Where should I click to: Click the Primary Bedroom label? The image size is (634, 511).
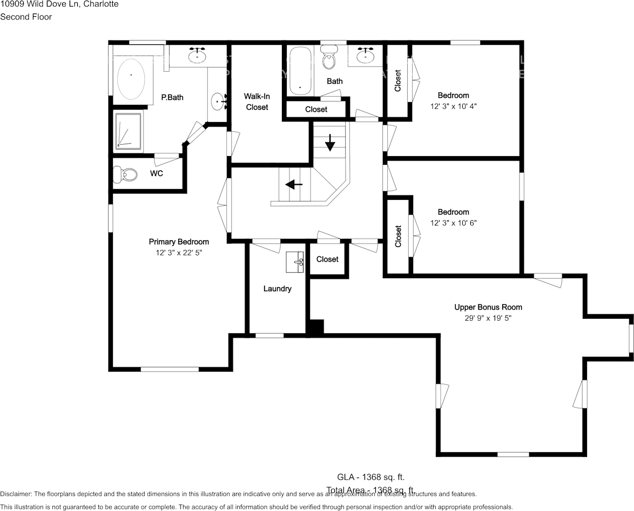tap(179, 242)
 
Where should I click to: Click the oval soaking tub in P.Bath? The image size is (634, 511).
tap(131, 78)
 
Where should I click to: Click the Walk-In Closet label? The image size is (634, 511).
tap(257, 102)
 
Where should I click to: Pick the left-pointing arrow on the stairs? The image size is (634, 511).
tap(294, 185)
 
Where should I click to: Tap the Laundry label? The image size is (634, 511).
tap(277, 289)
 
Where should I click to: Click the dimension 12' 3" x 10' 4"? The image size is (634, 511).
tap(453, 106)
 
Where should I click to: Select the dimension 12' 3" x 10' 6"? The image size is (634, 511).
tap(453, 223)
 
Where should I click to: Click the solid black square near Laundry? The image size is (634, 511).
tap(315, 327)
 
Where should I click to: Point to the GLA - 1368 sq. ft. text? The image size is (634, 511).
tap(370, 477)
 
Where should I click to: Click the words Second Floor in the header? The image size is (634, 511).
tap(26, 17)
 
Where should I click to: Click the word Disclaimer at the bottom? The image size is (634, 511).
tap(16, 494)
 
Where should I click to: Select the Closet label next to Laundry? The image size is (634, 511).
tap(327, 259)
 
